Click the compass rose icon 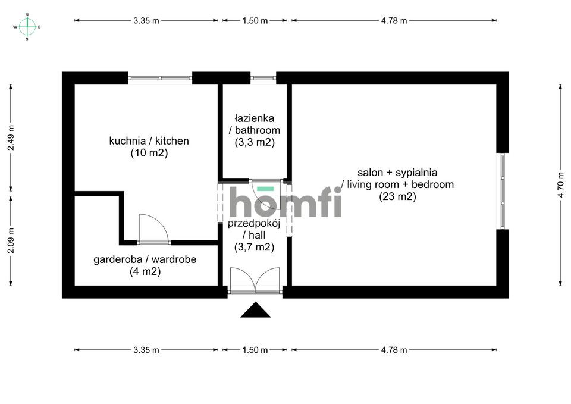pos(27,26)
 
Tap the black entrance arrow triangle pos(256,311)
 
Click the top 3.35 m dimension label pos(146,20)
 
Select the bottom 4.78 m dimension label pos(394,350)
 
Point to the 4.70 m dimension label pos(560,184)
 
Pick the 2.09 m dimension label pos(11,240)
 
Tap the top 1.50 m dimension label pos(256,20)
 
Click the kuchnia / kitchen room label pos(149,141)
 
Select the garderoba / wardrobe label pos(145,259)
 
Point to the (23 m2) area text pos(397,196)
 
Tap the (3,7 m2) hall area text pos(254,248)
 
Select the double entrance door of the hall pos(255,280)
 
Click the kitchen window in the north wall pos(160,77)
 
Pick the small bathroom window pos(263,77)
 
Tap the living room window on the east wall pos(503,190)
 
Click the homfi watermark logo pos(285,202)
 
